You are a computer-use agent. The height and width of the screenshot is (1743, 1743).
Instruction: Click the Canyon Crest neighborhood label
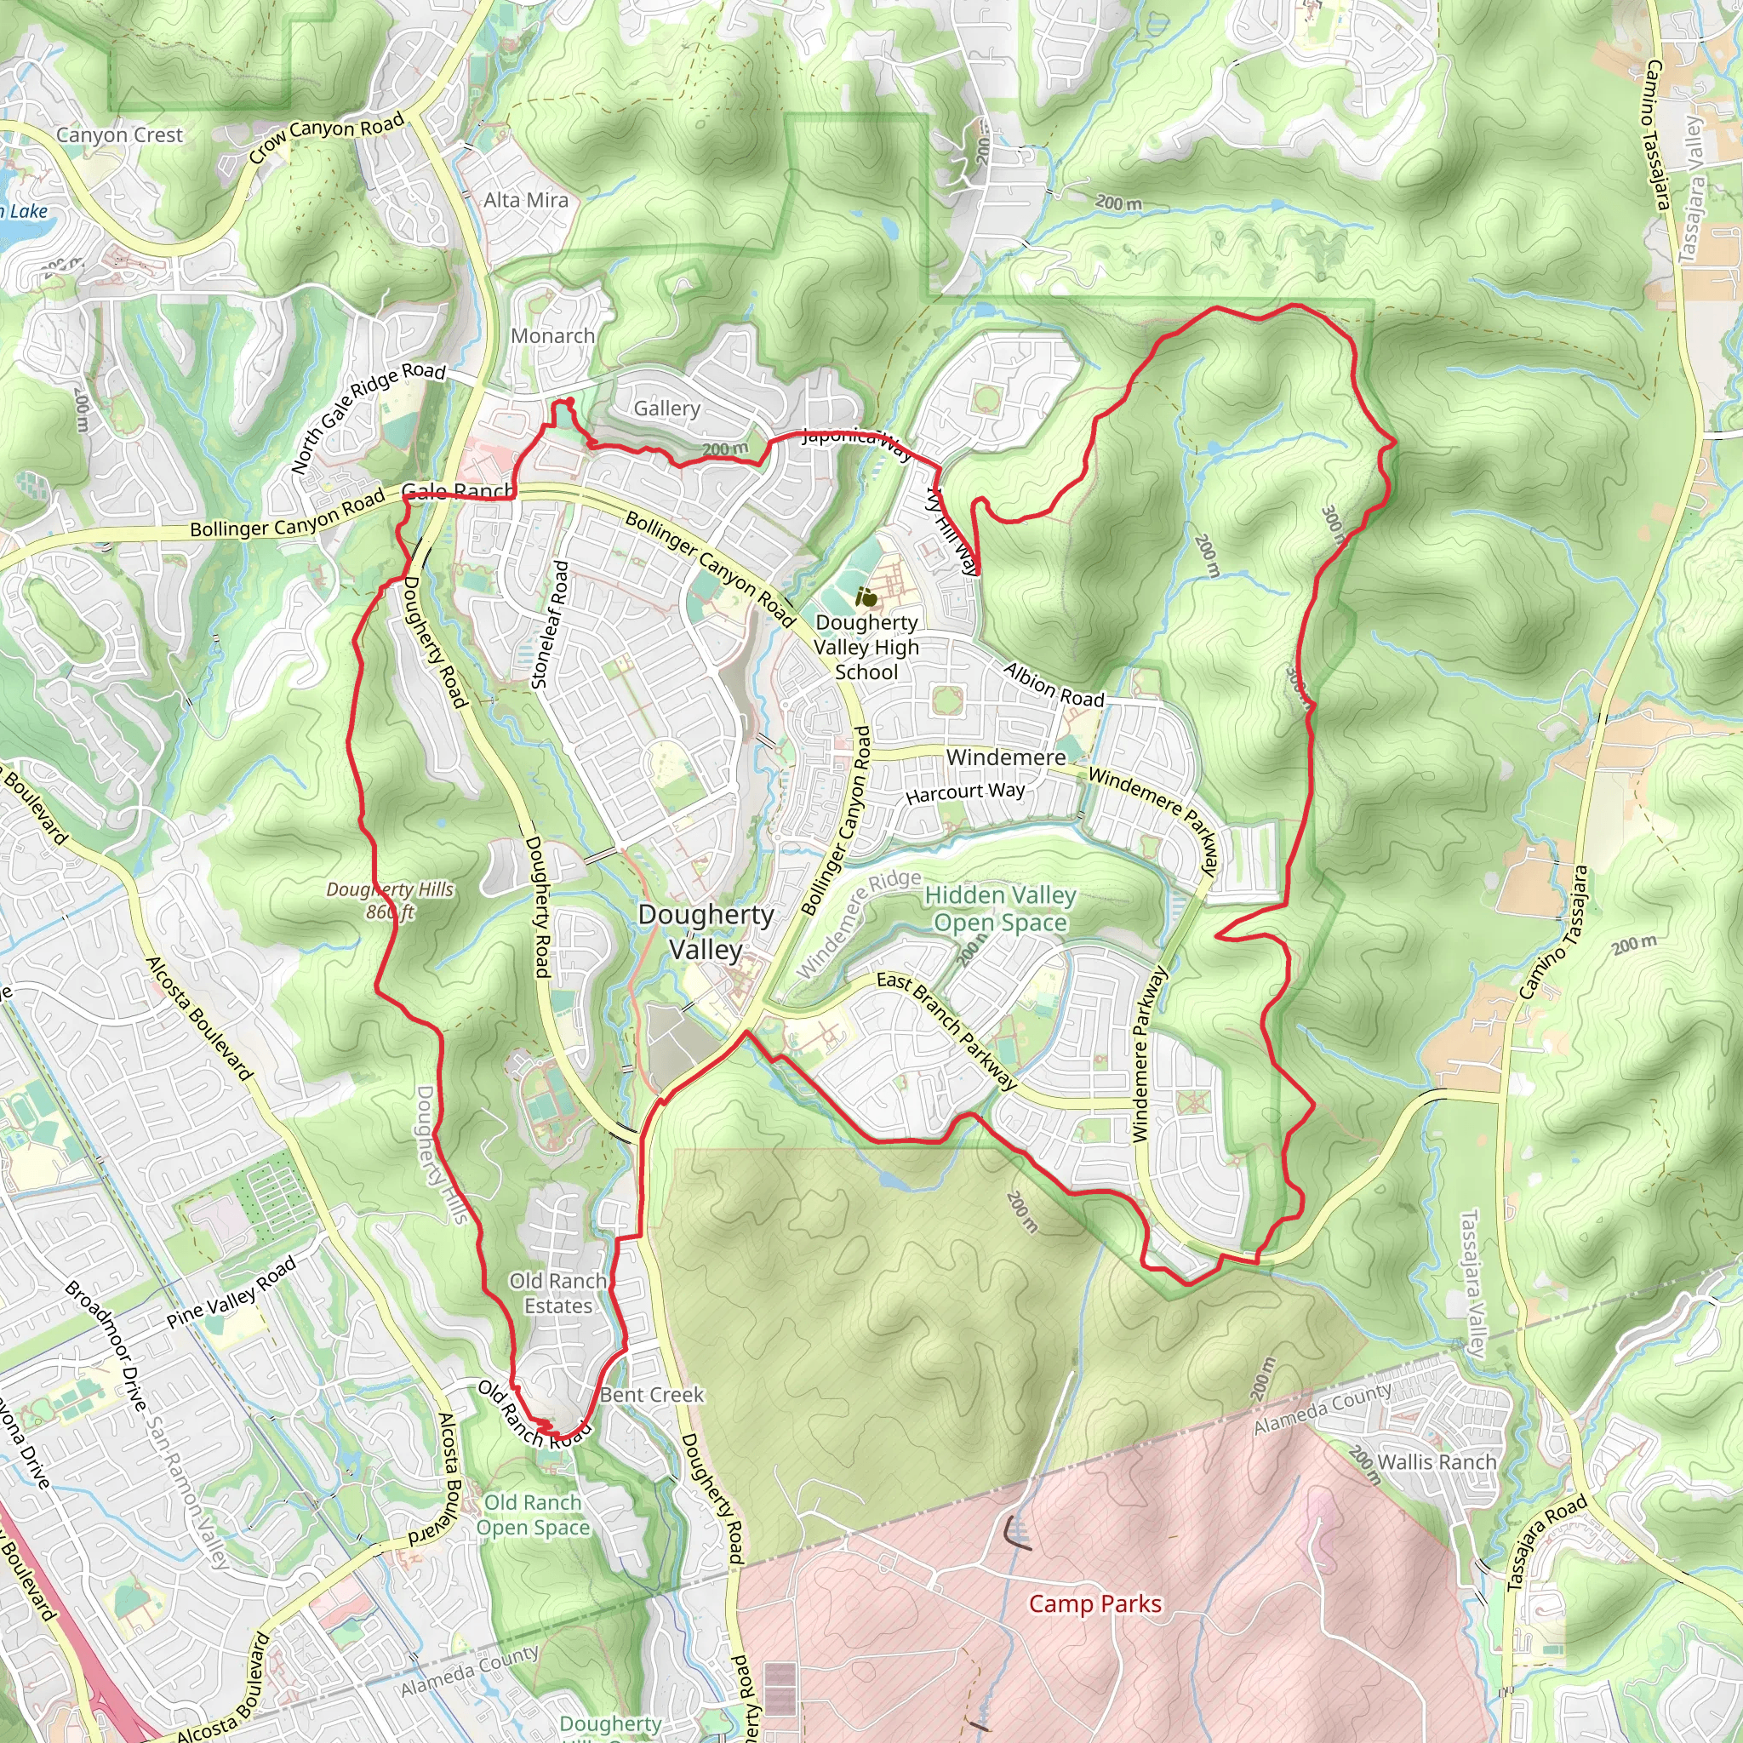[x=119, y=135]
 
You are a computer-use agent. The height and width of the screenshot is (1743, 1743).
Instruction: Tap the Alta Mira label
[x=526, y=200]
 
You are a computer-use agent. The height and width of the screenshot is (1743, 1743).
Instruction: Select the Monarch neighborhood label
[x=553, y=335]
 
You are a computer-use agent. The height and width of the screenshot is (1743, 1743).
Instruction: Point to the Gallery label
[x=666, y=409]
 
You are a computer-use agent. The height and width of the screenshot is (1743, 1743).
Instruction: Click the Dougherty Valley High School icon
[x=866, y=597]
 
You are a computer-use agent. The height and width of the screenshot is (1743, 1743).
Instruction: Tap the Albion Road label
[x=1054, y=685]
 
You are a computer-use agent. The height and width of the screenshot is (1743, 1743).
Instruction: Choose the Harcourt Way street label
[x=965, y=792]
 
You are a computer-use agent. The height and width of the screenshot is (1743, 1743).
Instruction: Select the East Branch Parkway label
[x=946, y=1031]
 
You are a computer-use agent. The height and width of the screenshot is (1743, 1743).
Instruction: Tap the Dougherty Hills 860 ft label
[x=390, y=900]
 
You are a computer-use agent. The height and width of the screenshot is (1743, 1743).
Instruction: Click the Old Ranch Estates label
[x=558, y=1293]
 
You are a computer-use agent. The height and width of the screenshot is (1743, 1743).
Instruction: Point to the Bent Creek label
[x=651, y=1395]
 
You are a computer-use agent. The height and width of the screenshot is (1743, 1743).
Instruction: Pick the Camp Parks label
[x=1095, y=1603]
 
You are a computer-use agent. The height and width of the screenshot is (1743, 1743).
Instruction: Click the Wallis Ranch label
[x=1437, y=1461]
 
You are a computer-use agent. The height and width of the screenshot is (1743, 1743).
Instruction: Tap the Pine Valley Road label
[x=231, y=1292]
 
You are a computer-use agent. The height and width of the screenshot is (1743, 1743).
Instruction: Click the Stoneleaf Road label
[x=551, y=626]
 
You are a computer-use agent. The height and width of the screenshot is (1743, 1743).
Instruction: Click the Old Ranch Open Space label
[x=533, y=1515]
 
